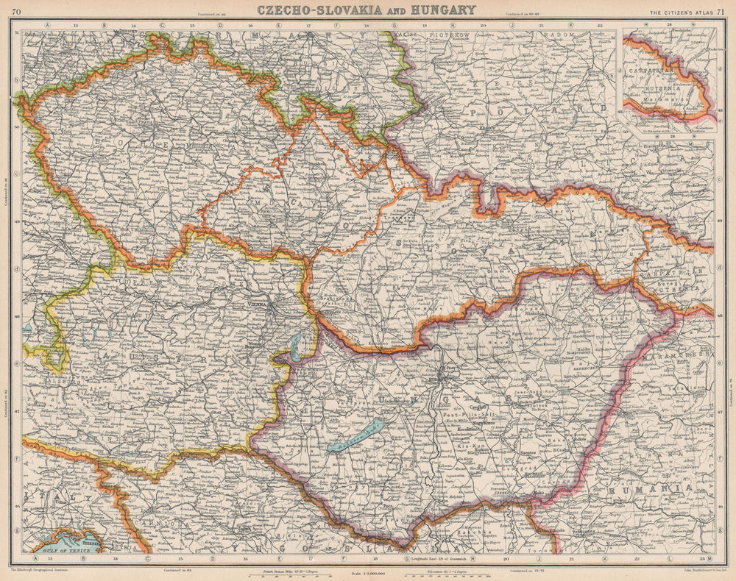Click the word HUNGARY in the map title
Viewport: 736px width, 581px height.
[x=438, y=10]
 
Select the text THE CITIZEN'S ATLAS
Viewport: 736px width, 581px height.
[x=674, y=10]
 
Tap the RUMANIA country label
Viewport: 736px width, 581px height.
[x=648, y=488]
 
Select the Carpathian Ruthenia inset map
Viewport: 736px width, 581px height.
[x=668, y=81]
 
